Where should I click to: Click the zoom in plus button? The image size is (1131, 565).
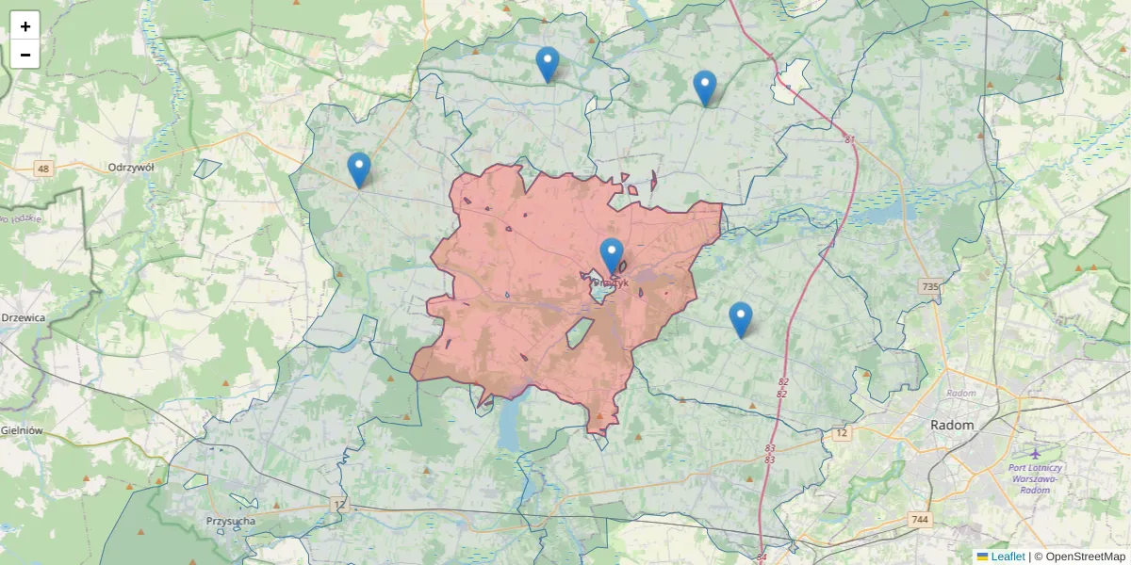pyautogui.click(x=25, y=26)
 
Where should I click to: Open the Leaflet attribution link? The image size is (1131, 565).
pyautogui.click(x=1008, y=557)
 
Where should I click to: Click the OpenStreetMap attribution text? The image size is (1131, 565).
pyautogui.click(x=1085, y=557)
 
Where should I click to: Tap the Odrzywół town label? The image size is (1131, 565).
pyautogui.click(x=131, y=167)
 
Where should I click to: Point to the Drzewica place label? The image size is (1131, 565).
pyautogui.click(x=24, y=318)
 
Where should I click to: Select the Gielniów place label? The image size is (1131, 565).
pyautogui.click(x=23, y=430)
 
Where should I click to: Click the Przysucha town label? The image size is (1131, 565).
pyautogui.click(x=231, y=521)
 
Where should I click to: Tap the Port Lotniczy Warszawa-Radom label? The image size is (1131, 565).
pyautogui.click(x=1035, y=478)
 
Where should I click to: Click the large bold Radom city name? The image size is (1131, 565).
pyautogui.click(x=952, y=426)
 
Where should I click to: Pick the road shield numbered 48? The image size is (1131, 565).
pyautogui.click(x=42, y=169)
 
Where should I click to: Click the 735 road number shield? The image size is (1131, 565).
pyautogui.click(x=930, y=286)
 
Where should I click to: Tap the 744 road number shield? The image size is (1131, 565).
pyautogui.click(x=920, y=520)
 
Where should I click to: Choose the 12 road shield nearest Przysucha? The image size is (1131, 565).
pyautogui.click(x=339, y=506)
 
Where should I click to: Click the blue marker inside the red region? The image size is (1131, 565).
pyautogui.click(x=612, y=255)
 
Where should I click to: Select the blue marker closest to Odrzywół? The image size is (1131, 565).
pyautogui.click(x=359, y=169)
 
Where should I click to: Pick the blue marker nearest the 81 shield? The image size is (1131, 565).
pyautogui.click(x=705, y=88)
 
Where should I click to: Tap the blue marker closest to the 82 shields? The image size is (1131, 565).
pyautogui.click(x=741, y=319)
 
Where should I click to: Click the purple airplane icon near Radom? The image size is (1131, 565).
pyautogui.click(x=1036, y=454)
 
